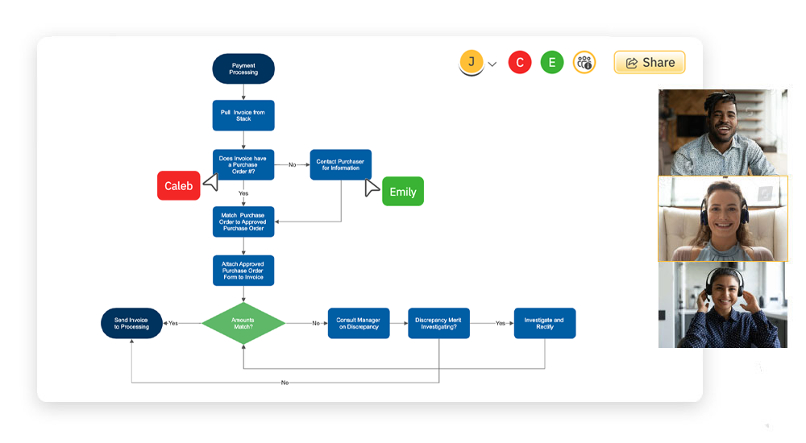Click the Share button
point(650,63)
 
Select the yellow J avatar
point(472,62)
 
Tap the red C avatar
point(520,63)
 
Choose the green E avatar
point(552,63)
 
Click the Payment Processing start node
point(243,69)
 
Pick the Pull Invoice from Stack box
point(243,115)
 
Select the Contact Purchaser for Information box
point(340,164)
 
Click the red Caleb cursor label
point(178,186)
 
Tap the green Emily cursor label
point(402,192)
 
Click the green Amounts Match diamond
point(243,323)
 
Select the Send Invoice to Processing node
point(131,323)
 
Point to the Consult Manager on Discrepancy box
point(359,323)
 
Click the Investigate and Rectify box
point(545,323)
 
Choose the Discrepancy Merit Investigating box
point(438,323)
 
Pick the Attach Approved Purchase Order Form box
point(243,271)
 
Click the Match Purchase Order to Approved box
point(243,221)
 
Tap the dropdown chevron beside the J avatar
point(492,64)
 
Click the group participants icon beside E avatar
point(584,63)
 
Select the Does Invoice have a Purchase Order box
point(243,164)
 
